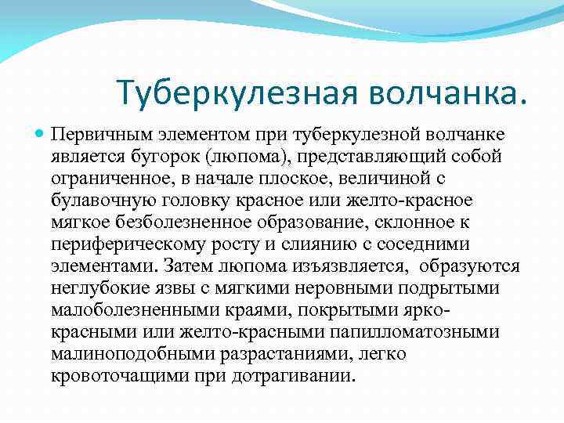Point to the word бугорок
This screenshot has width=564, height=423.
point(163,157)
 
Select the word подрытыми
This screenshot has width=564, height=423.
point(452,288)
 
